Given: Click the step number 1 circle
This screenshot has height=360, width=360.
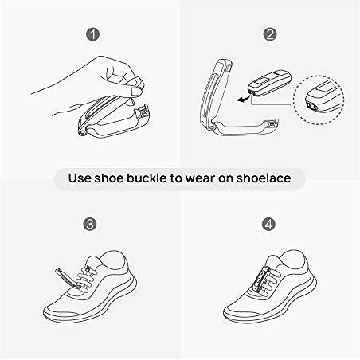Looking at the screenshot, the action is [x=92, y=35].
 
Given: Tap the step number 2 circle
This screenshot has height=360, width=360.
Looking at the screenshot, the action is [x=270, y=34].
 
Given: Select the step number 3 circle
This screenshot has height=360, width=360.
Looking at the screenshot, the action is [x=90, y=224].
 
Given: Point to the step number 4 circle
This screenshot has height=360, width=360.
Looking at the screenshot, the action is [x=269, y=224].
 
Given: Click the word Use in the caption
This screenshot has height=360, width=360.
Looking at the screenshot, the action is [x=80, y=178].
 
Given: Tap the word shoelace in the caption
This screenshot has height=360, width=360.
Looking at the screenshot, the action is [x=264, y=178].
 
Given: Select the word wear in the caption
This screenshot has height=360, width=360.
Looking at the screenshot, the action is [x=200, y=178].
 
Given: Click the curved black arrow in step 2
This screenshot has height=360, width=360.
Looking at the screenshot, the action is [x=243, y=99].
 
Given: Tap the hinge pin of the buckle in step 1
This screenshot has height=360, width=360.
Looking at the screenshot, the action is [x=82, y=132].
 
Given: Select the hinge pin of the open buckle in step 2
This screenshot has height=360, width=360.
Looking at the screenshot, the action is [x=212, y=128].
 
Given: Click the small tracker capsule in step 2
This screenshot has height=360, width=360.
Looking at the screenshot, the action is [x=269, y=83].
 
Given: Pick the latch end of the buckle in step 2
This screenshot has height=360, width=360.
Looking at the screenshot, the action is [x=272, y=124].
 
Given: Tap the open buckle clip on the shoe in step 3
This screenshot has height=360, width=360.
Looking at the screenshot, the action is [x=67, y=278].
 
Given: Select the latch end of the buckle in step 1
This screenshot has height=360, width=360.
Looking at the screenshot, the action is [x=143, y=112].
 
